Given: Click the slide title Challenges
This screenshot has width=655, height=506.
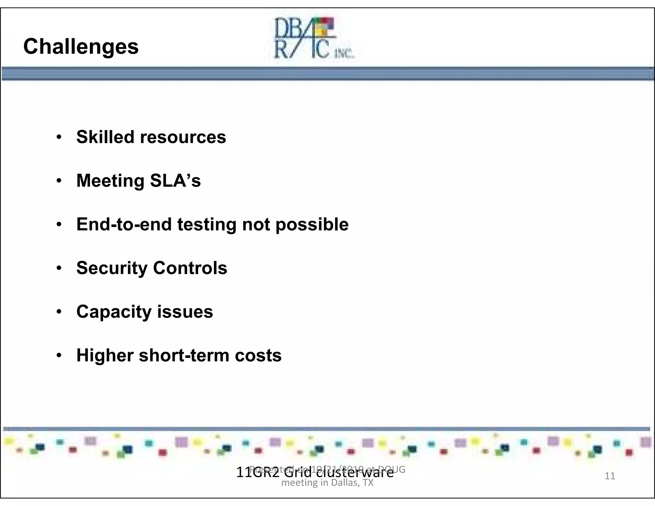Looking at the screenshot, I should tap(81, 47).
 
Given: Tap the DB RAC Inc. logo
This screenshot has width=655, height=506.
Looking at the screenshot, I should tap(313, 38).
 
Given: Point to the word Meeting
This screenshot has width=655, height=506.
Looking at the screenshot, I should tap(111, 181).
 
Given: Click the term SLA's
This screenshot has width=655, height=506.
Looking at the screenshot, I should tap(175, 181).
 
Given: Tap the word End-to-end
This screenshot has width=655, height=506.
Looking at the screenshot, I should tap(124, 224).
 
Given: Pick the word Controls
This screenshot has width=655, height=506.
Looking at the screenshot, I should tap(190, 268).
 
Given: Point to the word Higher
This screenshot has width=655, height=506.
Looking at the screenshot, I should tap(105, 356).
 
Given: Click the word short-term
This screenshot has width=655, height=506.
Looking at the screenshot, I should tap(184, 355).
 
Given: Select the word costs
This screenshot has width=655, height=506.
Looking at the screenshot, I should tap(258, 356).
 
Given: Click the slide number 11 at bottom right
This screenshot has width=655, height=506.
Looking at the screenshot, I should tap(610, 476).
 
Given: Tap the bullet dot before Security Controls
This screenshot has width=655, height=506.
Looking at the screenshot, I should tap(59, 268).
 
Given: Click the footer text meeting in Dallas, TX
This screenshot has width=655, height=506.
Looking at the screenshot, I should tap(327, 482).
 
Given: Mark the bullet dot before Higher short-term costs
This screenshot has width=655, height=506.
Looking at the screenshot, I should tap(59, 355).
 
